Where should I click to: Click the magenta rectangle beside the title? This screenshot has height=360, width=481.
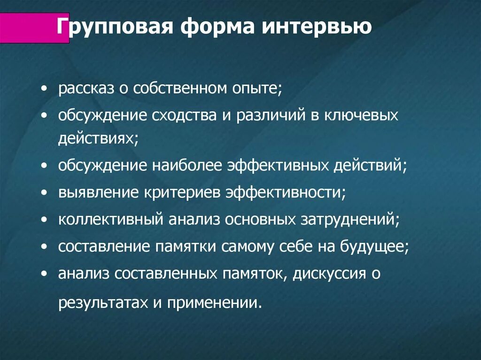pos(33,29)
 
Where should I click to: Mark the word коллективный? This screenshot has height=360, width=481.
pos(110,220)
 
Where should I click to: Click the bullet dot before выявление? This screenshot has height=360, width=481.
pos(44,193)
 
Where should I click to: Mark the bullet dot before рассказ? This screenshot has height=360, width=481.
pos(44,89)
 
